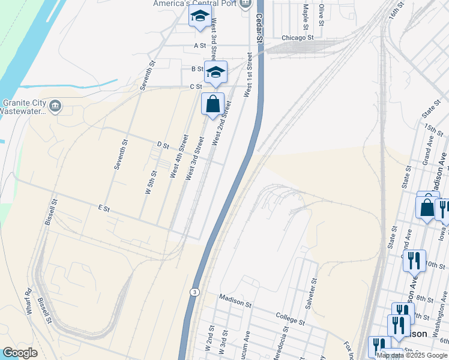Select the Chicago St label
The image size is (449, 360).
[x=298, y=37]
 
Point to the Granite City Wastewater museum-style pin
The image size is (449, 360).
[x=55, y=106]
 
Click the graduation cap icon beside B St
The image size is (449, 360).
[x=215, y=73]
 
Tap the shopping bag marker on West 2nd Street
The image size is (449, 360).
[x=212, y=104]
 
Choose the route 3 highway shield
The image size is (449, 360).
[x=194, y=292]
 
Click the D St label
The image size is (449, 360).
[x=161, y=145]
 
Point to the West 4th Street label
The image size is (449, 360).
[x=179, y=157]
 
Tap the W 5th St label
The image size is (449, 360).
[x=151, y=182]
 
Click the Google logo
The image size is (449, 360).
[x=20, y=353]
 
